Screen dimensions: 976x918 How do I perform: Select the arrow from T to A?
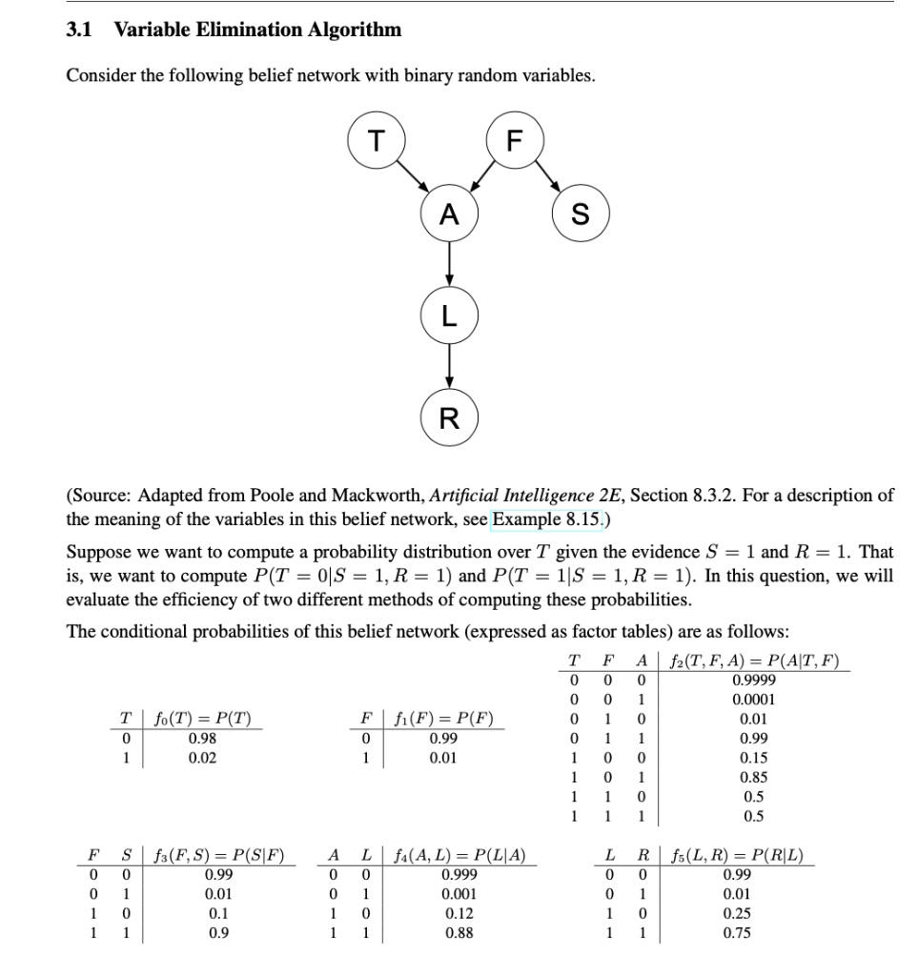[x=412, y=178]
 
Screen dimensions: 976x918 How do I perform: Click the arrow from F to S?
[x=549, y=179]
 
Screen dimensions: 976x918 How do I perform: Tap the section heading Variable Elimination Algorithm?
[x=257, y=30]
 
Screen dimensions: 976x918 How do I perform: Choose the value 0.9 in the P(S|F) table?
[x=218, y=933]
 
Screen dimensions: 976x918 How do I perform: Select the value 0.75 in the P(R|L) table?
[x=736, y=933]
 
